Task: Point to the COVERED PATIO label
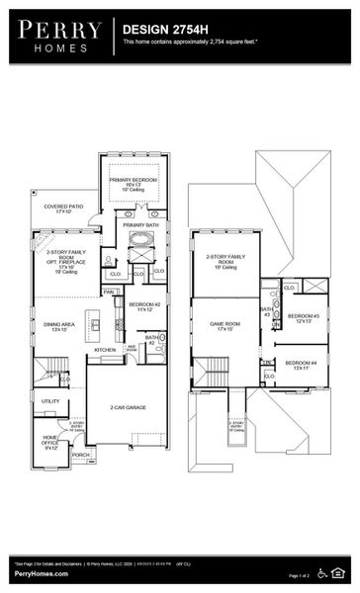pos(62,209)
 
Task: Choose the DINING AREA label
pos(53,326)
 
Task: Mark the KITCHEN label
pos(105,350)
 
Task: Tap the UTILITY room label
pos(49,401)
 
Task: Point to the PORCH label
pos(80,455)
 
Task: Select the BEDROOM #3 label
pos(303,318)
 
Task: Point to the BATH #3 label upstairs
pos(266,312)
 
